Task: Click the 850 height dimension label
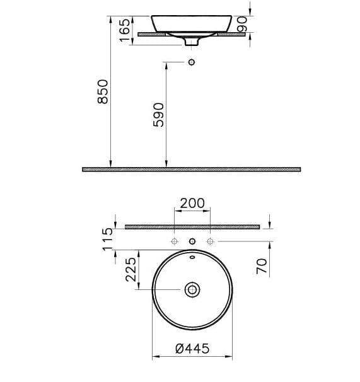[103, 91]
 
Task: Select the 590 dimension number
[158, 115]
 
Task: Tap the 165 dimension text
[125, 30]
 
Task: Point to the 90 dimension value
[242, 24]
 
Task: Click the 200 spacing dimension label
[192, 203]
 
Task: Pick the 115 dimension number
[108, 240]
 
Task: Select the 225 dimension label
[131, 269]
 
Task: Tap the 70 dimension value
[262, 266]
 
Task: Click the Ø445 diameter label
[192, 349]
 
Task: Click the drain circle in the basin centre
[192, 290]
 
